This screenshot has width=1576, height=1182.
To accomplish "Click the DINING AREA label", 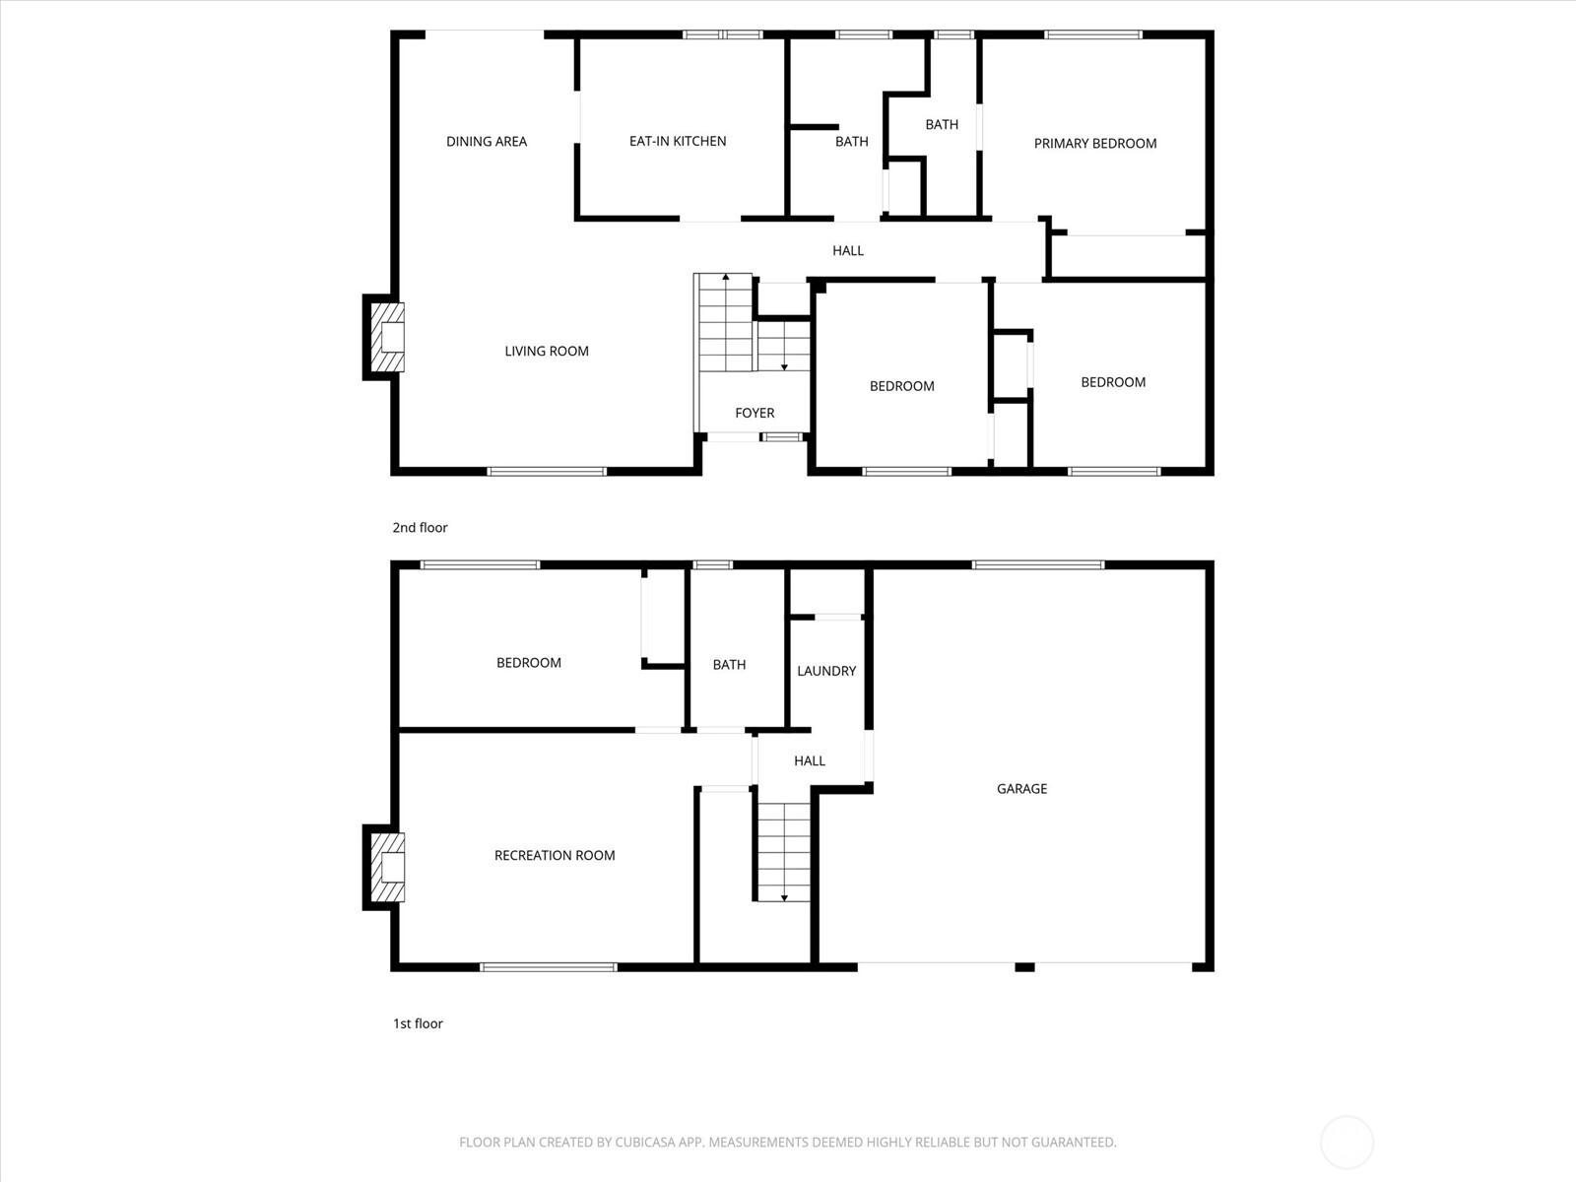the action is pos(486,142).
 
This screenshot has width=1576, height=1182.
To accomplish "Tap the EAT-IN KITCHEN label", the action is pos(678,142).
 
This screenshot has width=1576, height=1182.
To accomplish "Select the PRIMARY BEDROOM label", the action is pos(1095,144).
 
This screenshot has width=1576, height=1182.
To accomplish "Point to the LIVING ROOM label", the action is pos(547,351).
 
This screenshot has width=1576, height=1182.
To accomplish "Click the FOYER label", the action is pos(755,413).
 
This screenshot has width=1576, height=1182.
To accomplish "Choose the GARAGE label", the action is pos(1021,789).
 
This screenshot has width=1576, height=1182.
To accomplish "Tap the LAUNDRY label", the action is pos(826,671).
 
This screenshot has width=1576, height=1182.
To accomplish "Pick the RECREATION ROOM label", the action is pos(555,855).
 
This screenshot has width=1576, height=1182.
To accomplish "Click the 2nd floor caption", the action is pos(420,528).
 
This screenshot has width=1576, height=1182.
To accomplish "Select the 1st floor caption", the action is pos(418,1023).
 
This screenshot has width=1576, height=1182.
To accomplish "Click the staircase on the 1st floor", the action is pos(784,852).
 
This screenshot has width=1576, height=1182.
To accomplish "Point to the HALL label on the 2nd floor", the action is pos(848,250).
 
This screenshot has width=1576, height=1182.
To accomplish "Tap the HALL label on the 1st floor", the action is pos(810,760).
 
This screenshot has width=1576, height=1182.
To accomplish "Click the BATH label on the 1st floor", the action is pos(729,665).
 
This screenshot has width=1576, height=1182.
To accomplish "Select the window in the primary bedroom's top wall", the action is pos(1092,34).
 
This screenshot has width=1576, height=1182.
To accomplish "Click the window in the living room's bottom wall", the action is pos(547,472).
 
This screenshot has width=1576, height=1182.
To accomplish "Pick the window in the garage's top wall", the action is pos(1038,565).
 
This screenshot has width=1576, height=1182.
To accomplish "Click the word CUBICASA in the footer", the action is pos(644,1142).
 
